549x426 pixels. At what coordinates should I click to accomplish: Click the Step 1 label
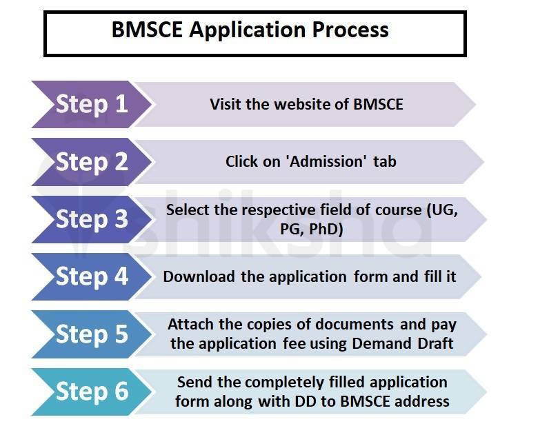[x=92, y=104]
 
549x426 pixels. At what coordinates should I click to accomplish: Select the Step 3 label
[x=92, y=219]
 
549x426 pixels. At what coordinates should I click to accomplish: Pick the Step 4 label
[x=92, y=276]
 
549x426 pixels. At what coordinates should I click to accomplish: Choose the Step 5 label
[x=92, y=334]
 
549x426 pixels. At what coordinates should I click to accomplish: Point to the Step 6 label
[x=92, y=392]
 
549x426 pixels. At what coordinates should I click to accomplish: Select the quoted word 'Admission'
[x=328, y=162]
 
